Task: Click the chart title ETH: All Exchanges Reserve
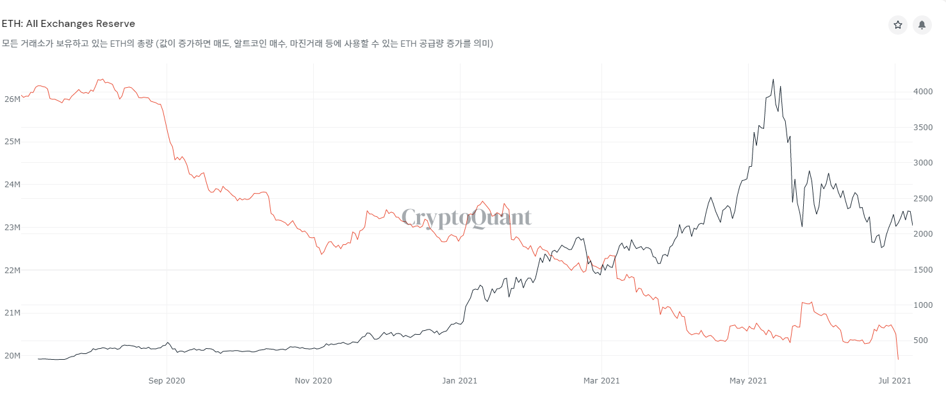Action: pyautogui.click(x=69, y=24)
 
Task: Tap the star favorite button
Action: pyautogui.click(x=898, y=25)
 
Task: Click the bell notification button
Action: pyautogui.click(x=922, y=25)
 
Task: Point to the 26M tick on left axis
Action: pyautogui.click(x=12, y=99)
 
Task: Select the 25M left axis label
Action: pyautogui.click(x=12, y=142)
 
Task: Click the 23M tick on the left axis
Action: pyautogui.click(x=12, y=228)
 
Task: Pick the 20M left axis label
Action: pyautogui.click(x=12, y=356)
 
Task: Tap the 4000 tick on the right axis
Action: pyautogui.click(x=924, y=92)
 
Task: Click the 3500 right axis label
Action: pyautogui.click(x=924, y=128)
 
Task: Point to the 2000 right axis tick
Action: pyautogui.click(x=924, y=234)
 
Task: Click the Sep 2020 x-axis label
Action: pyautogui.click(x=167, y=380)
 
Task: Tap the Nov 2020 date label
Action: pyautogui.click(x=313, y=380)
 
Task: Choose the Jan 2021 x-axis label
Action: pyautogui.click(x=461, y=380)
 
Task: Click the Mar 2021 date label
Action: pyautogui.click(x=601, y=380)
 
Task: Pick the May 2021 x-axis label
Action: pyautogui.click(x=748, y=380)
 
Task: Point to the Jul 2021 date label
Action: pyautogui.click(x=895, y=380)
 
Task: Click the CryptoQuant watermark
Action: pyautogui.click(x=466, y=218)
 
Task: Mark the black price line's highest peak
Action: pyautogui.click(x=773, y=80)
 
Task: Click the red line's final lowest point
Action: pyautogui.click(x=898, y=359)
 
